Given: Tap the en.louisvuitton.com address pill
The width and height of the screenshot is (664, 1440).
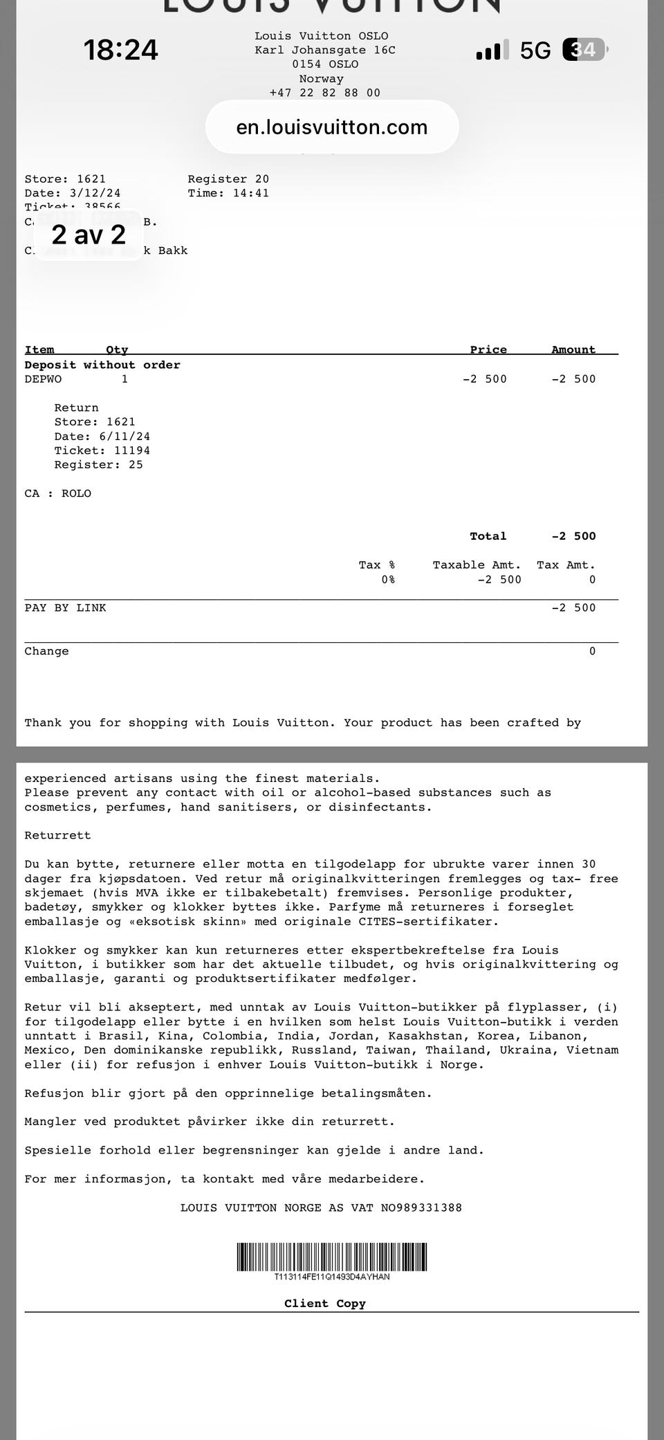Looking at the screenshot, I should click(332, 127).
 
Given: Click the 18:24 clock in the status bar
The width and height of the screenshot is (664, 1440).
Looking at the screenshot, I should click(121, 50).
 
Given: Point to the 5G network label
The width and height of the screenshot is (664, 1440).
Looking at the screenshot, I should click(535, 51).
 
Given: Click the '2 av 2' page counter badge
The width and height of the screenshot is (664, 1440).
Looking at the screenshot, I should click(89, 235).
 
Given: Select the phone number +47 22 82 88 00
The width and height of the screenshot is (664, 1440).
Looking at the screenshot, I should click(324, 93).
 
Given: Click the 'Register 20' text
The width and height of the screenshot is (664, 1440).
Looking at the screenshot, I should click(228, 179).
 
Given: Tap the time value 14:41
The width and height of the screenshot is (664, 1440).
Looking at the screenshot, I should click(250, 193).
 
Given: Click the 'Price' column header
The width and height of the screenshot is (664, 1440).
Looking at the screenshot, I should click(488, 349).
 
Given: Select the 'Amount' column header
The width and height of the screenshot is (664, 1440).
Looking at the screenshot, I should click(573, 349).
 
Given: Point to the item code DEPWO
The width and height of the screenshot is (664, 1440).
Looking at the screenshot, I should click(43, 379).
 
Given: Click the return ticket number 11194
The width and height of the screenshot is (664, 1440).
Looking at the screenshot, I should click(132, 450).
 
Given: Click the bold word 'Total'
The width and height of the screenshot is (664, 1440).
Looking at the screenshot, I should click(488, 536).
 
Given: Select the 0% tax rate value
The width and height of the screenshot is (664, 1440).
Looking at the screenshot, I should click(388, 580).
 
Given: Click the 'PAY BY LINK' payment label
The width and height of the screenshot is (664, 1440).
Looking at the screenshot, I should click(65, 608).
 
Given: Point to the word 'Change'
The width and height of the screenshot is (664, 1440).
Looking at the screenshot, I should click(46, 651).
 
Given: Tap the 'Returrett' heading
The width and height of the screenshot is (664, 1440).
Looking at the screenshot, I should click(57, 835).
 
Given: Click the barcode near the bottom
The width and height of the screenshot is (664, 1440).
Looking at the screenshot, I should click(331, 1257).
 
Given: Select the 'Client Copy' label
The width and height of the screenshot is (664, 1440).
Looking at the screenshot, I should click(324, 1304).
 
